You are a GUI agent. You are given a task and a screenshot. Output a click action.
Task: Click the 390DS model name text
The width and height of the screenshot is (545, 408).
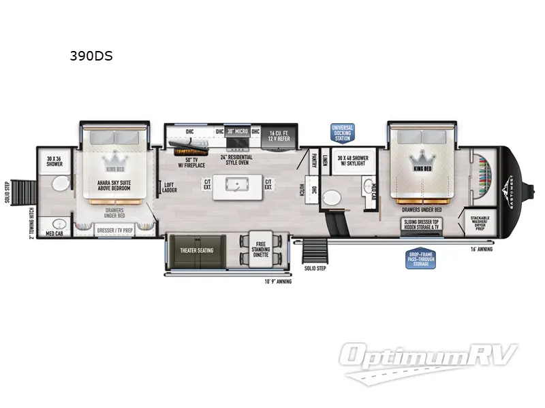click(x=91, y=56)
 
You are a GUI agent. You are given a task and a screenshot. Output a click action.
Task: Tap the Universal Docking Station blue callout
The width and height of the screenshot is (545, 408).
click(x=343, y=132)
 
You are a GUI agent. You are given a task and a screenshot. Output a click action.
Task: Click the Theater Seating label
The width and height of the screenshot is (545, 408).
click(x=196, y=250)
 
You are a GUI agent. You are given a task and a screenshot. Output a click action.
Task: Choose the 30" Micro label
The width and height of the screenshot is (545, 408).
click(x=238, y=131)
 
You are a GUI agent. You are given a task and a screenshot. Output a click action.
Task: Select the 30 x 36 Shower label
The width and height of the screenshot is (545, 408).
click(x=54, y=161)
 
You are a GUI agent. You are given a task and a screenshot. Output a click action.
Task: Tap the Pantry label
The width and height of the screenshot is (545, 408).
click(x=313, y=160)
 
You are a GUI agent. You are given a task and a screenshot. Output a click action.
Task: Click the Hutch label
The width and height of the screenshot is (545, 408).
click(x=301, y=189)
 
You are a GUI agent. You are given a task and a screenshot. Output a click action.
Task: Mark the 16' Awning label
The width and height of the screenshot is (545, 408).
click(x=482, y=250)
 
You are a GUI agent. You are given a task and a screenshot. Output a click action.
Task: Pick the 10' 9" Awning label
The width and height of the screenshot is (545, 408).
click(x=278, y=281)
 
